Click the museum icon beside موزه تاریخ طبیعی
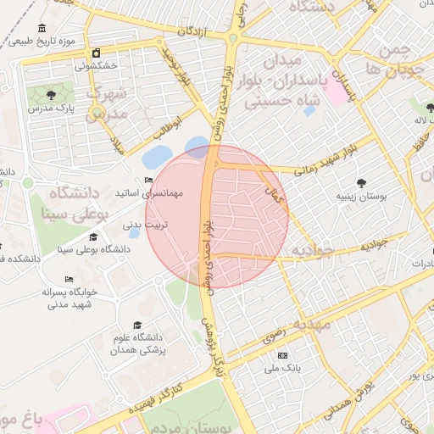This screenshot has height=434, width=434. [x=42, y=28]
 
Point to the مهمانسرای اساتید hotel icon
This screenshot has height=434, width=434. [x=149, y=180]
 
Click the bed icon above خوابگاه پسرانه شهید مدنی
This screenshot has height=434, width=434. [x=69, y=280]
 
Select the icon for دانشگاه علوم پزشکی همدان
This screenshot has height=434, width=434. [x=137, y=325]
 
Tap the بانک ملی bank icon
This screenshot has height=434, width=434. [x=282, y=355]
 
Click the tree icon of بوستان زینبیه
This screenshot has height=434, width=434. [x=362, y=182]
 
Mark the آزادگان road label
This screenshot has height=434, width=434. [x=193, y=31]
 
